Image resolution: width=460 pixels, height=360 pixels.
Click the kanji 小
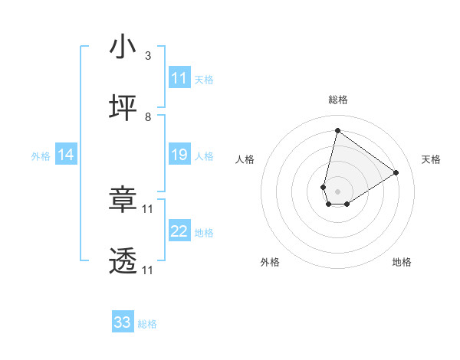123,47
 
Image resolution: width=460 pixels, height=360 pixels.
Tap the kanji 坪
123,108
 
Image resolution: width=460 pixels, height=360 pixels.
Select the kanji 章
123,201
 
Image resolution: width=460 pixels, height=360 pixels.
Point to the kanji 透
123,261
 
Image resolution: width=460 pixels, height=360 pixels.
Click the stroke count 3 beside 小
147,56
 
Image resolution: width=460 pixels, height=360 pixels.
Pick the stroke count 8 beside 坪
147,117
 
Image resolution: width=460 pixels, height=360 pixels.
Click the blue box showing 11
179,78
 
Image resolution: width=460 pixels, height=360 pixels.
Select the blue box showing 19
179,155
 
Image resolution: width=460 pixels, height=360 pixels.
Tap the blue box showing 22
179,231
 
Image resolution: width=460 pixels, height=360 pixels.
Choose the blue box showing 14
66,155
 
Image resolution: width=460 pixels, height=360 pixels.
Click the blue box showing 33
123,322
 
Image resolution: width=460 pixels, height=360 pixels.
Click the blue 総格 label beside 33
147,324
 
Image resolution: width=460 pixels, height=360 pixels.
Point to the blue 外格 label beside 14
41,156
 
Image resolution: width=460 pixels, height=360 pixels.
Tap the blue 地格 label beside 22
204,233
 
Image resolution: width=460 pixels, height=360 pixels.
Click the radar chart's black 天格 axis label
431,159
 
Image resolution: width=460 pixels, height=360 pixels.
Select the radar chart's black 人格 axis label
245,159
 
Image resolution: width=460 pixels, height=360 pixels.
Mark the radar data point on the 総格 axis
337,130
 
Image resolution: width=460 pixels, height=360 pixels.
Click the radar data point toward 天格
396,172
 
